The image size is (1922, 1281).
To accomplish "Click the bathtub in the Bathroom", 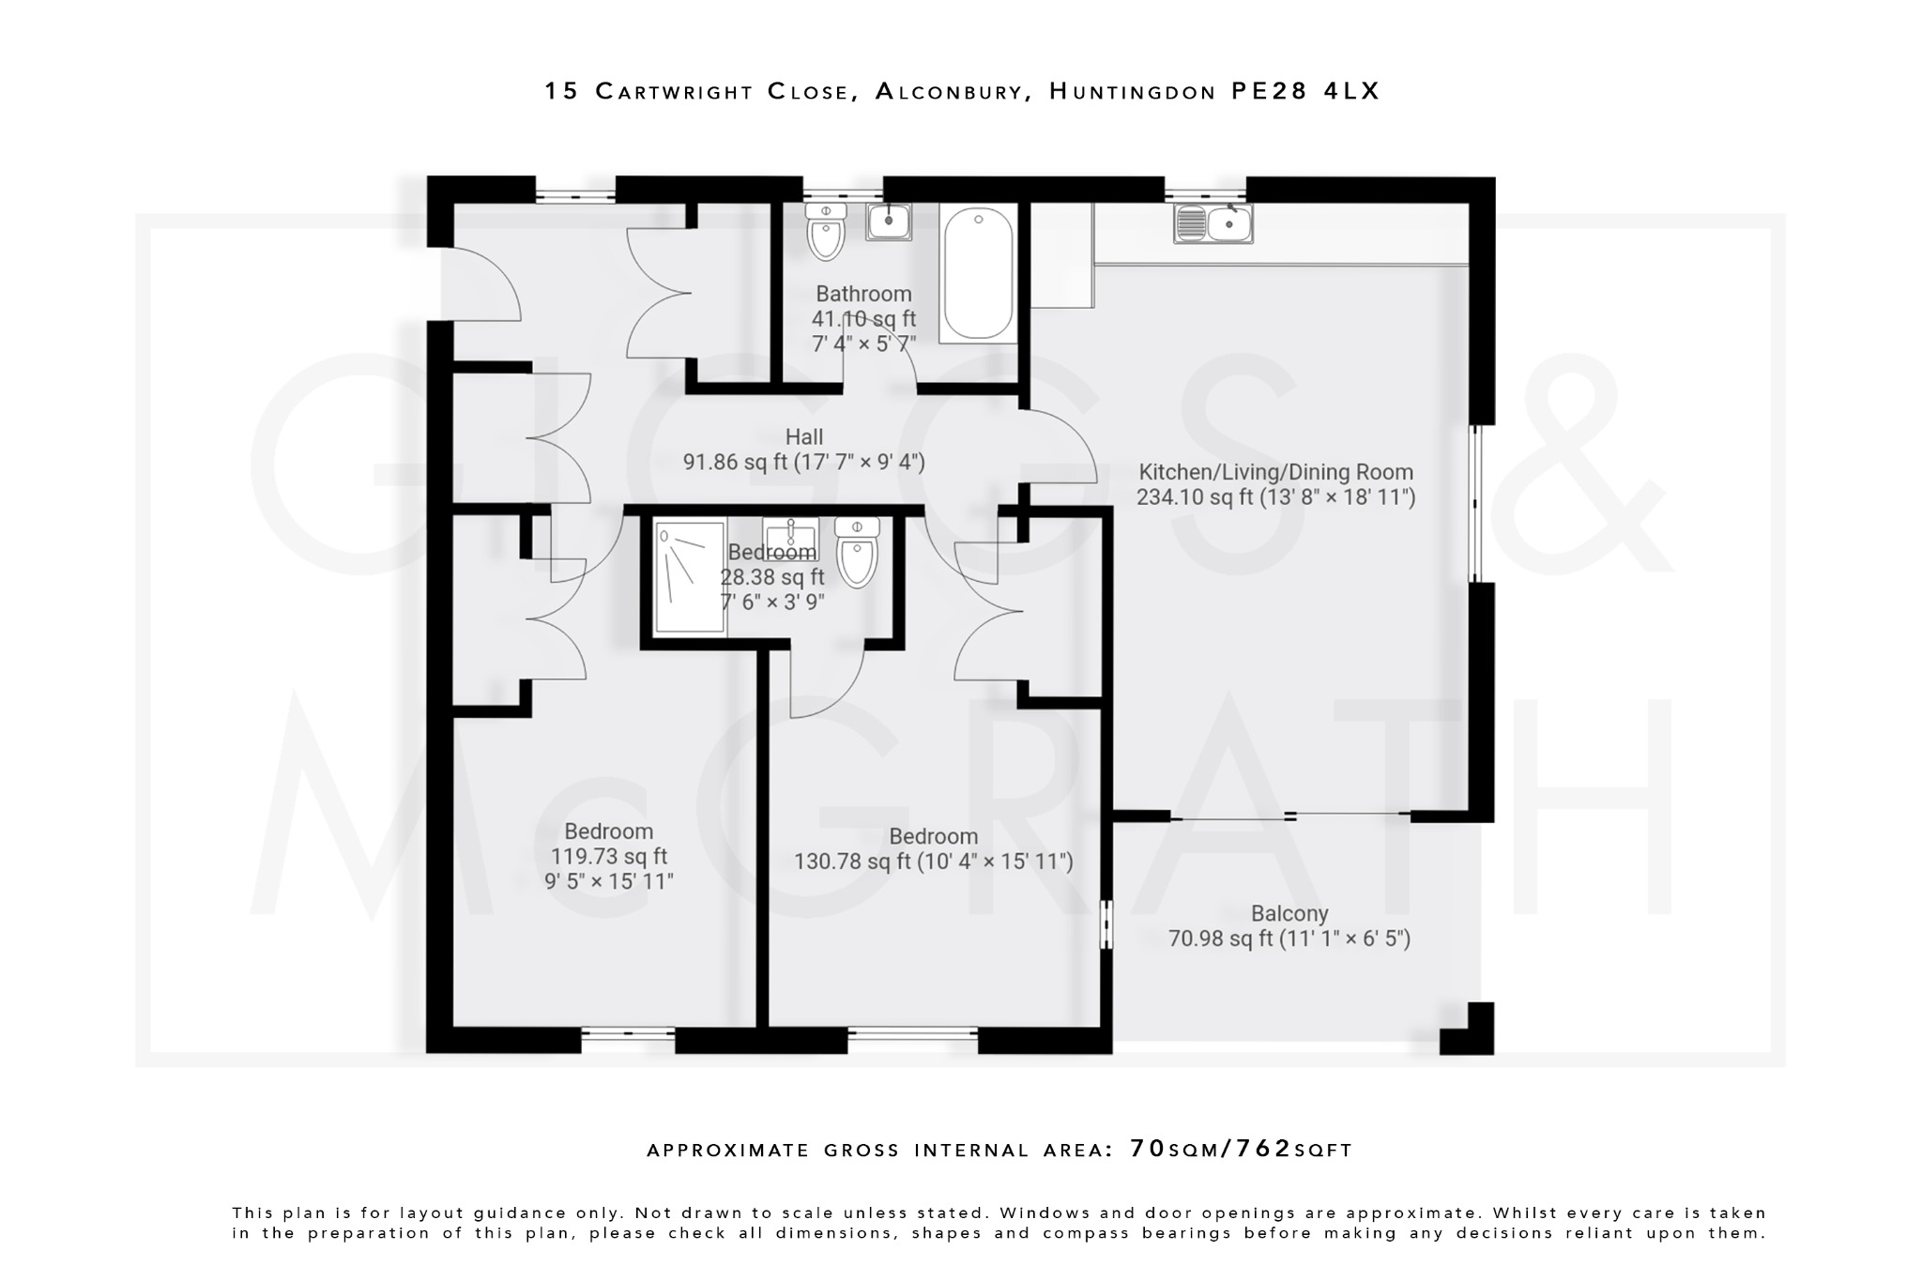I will point(978,273).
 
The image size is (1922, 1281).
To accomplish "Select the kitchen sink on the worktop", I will point(1213,224).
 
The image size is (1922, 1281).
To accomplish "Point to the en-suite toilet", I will point(856,554).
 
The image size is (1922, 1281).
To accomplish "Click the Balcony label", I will point(1289,913).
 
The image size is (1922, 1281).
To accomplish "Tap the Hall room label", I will point(804,436).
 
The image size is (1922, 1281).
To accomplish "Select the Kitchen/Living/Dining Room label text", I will point(1275,472).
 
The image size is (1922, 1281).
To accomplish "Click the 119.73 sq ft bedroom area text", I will point(608,856).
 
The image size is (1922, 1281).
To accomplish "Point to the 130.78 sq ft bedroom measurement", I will point(933,861).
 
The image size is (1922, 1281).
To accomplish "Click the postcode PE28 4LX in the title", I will point(1305,91).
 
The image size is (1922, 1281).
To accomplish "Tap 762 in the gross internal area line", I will point(1263,1149).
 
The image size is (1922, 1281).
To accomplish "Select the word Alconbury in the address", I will point(949,91).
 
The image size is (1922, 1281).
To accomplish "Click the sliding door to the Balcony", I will point(1289,816).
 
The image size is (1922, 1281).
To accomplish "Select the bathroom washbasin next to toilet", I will point(888,222).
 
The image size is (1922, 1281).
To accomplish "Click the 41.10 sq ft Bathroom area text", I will point(863,319).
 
